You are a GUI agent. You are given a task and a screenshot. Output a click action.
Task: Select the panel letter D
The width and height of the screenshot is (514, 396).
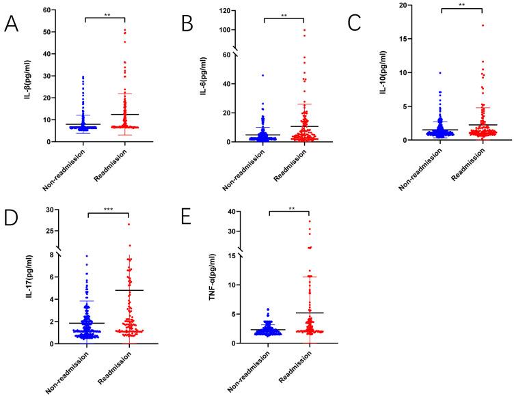coord(12,220)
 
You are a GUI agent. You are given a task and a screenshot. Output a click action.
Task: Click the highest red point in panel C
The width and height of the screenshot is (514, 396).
coord(463,26)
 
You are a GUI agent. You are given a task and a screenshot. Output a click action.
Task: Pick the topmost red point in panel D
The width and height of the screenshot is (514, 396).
coord(128,224)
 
